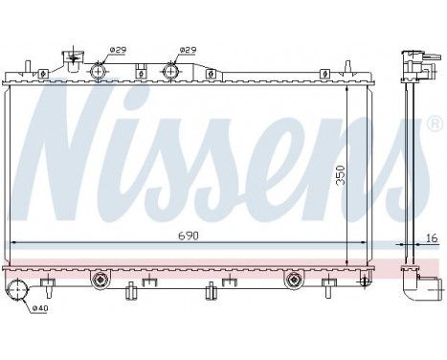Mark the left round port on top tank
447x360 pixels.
click(99, 70)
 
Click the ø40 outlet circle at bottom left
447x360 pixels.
click(16, 292)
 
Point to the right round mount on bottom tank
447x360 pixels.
click(295, 280)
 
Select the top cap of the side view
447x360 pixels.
click(413, 58)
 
